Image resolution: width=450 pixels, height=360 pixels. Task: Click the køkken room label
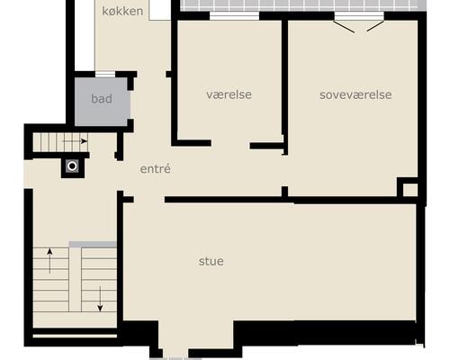[122, 11]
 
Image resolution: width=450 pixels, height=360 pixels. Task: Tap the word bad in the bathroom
[102, 99]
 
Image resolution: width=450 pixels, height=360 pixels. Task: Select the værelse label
[229, 94]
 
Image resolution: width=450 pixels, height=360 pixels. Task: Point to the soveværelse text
[355, 94]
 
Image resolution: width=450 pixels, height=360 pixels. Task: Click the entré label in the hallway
[156, 168]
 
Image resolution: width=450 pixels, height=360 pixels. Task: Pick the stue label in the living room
[211, 261]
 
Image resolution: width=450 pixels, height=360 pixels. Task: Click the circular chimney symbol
[72, 166]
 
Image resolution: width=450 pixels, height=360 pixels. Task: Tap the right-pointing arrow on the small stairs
[75, 141]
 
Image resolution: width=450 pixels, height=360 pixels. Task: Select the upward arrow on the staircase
[49, 261]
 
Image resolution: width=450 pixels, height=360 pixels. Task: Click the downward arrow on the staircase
[100, 299]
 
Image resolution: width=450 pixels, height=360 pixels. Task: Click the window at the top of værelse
[234, 16]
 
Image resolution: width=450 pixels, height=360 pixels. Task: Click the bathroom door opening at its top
[105, 74]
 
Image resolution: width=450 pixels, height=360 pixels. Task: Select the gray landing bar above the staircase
[93, 245]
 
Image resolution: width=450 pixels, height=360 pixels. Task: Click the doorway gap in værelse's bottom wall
[230, 144]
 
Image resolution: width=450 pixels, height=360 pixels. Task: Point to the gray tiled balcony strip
[303, 5]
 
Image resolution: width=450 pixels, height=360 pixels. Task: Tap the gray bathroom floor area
[103, 102]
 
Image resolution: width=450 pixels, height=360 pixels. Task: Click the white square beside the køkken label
[159, 10]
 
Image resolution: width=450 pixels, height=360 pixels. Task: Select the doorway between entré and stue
[149, 200]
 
